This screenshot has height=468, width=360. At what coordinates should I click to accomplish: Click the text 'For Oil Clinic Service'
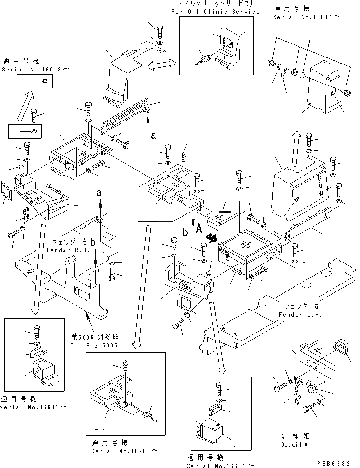tap(215, 12)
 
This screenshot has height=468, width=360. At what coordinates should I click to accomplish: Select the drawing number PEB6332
tap(333, 463)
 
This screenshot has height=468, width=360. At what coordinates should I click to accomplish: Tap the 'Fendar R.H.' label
tap(68, 250)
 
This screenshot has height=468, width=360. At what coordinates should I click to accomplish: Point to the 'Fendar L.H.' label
tap(300, 315)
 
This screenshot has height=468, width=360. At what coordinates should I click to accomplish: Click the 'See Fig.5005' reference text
tap(94, 346)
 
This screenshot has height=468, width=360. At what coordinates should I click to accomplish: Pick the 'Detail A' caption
tap(294, 445)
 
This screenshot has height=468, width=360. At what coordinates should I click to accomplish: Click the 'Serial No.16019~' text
tap(36, 70)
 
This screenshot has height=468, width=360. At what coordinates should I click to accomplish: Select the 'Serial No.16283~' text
tap(125, 451)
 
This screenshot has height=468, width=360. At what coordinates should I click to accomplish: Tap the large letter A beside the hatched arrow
tap(198, 228)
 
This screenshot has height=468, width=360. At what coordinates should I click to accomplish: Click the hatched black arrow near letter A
tap(212, 238)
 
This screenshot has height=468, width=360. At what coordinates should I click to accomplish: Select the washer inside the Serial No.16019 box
tap(45, 81)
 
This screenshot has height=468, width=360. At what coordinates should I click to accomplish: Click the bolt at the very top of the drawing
tap(160, 31)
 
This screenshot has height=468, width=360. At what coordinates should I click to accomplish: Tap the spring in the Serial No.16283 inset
tap(125, 364)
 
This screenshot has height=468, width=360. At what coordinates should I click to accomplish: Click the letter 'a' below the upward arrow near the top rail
tap(153, 135)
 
